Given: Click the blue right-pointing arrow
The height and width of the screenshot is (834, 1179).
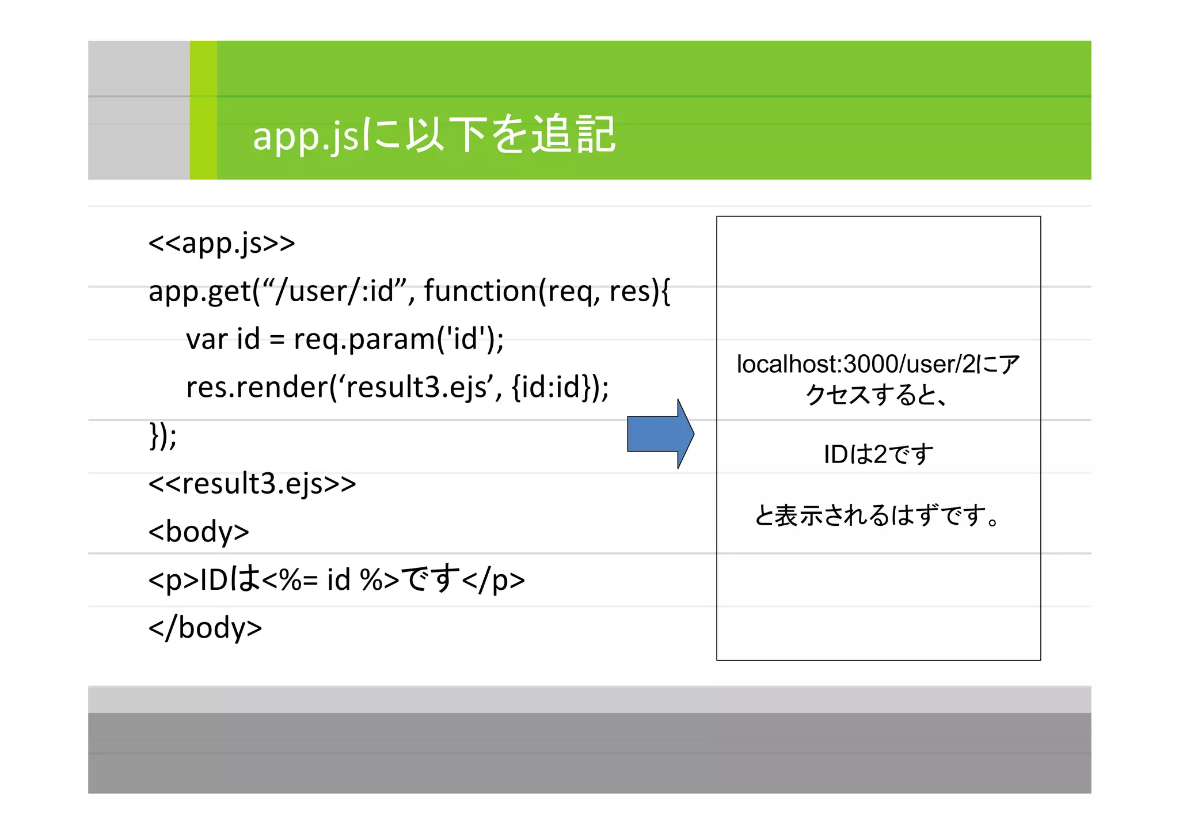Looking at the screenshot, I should click(x=660, y=434).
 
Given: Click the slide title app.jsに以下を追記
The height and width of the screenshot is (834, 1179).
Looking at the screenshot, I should click(x=434, y=135).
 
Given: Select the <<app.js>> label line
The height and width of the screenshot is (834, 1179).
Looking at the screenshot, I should click(x=222, y=243).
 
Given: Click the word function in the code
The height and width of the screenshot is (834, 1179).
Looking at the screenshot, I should click(x=480, y=291).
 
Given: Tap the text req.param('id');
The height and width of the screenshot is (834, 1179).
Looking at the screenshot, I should click(x=398, y=339).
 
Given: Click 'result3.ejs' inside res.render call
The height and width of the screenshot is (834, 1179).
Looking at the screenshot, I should click(x=419, y=386).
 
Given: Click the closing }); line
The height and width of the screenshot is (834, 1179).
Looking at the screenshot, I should click(x=163, y=435).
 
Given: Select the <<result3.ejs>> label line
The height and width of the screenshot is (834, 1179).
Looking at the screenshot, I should click(x=252, y=483).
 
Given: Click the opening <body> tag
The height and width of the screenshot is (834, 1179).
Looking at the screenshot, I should click(x=199, y=531).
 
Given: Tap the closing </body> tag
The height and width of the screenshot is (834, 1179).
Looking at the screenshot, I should click(x=205, y=627).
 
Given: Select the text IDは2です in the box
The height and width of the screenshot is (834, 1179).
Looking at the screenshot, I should click(x=878, y=454).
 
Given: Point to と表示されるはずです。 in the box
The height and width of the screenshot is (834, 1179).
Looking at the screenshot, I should click(x=878, y=515).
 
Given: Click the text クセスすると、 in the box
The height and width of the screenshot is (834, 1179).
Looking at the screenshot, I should click(x=877, y=395).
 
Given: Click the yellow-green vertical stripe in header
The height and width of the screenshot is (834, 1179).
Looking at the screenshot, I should click(x=203, y=110).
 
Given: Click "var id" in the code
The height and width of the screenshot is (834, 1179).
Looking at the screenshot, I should click(x=223, y=339).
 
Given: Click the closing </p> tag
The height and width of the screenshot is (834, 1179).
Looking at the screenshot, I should click(x=493, y=579).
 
